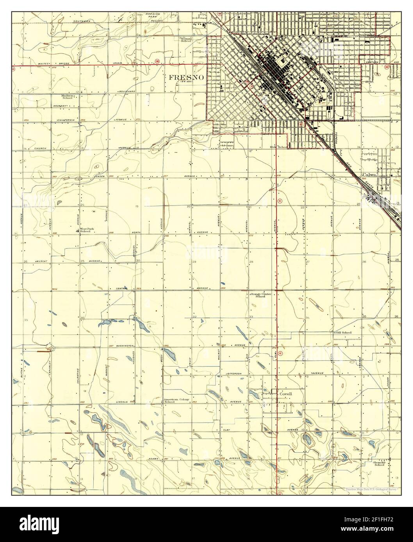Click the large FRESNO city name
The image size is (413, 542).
pos(187,77)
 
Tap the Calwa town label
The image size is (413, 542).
pos(369,175)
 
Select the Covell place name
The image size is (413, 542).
pos(286,394)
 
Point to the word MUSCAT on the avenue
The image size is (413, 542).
pos(41,260)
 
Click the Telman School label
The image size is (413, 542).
pos(186,40)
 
